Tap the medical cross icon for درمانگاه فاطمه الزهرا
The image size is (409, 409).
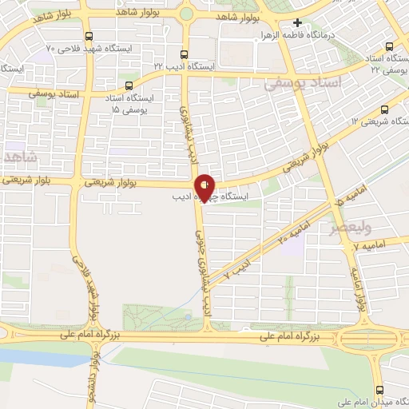point(298,23)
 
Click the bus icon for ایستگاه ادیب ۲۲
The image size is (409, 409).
point(185,55)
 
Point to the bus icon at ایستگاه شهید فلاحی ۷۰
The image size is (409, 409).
point(88,36)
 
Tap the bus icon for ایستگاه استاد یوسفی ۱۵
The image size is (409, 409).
point(129,85)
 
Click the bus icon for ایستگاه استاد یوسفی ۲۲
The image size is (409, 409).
point(389,46)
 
